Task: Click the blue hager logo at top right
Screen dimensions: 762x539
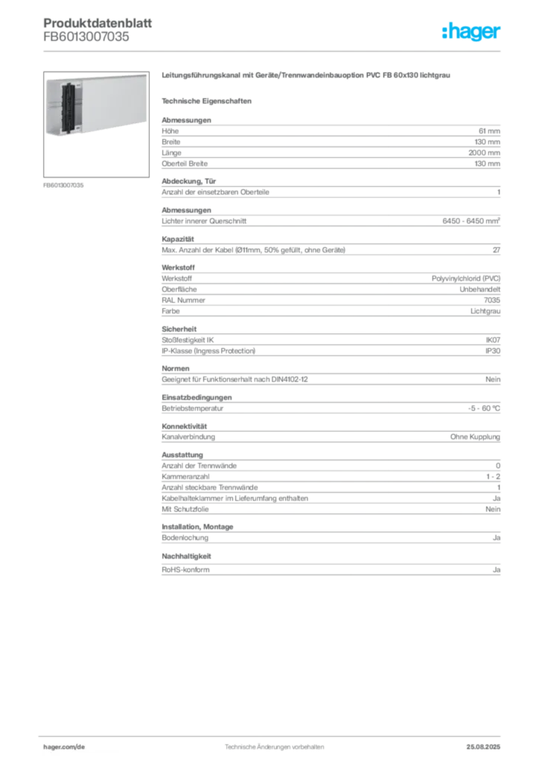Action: (x=473, y=32)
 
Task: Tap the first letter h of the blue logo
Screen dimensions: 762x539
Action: (x=447, y=31)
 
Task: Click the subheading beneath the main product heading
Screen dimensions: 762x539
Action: (x=209, y=100)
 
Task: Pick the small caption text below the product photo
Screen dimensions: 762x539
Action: (x=66, y=185)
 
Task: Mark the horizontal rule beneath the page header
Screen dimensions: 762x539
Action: (x=273, y=50)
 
